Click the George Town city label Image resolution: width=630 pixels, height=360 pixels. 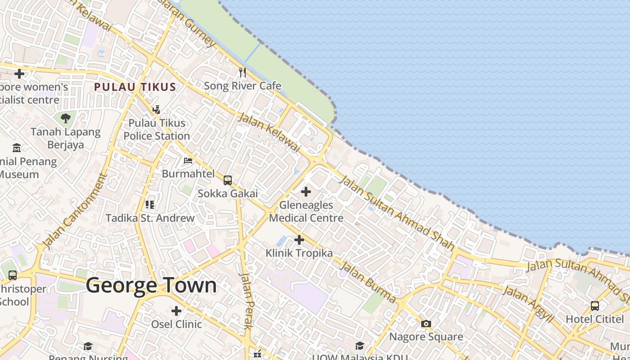(151, 286)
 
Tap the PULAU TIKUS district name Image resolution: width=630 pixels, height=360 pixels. (135, 87)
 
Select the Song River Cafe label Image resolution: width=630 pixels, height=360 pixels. (243, 85)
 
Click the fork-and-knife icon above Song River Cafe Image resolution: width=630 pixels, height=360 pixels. (243, 72)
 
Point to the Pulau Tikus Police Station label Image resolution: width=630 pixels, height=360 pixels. (157, 129)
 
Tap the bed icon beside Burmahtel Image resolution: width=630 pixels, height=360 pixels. (188, 161)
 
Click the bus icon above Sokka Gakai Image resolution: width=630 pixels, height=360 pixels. (228, 180)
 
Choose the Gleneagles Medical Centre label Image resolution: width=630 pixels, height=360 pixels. (306, 211)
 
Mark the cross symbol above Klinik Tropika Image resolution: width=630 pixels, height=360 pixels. (299, 240)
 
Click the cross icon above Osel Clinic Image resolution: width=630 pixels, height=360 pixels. (176, 310)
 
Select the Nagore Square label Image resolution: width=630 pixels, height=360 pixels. (426, 337)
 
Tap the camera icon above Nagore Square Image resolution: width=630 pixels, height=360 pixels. (426, 324)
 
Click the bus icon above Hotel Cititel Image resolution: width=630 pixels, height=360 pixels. (595, 306)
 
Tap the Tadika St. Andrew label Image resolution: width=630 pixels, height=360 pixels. (150, 218)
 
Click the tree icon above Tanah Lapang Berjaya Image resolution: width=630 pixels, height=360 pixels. (66, 118)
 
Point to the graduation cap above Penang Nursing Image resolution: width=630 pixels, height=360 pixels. (88, 346)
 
